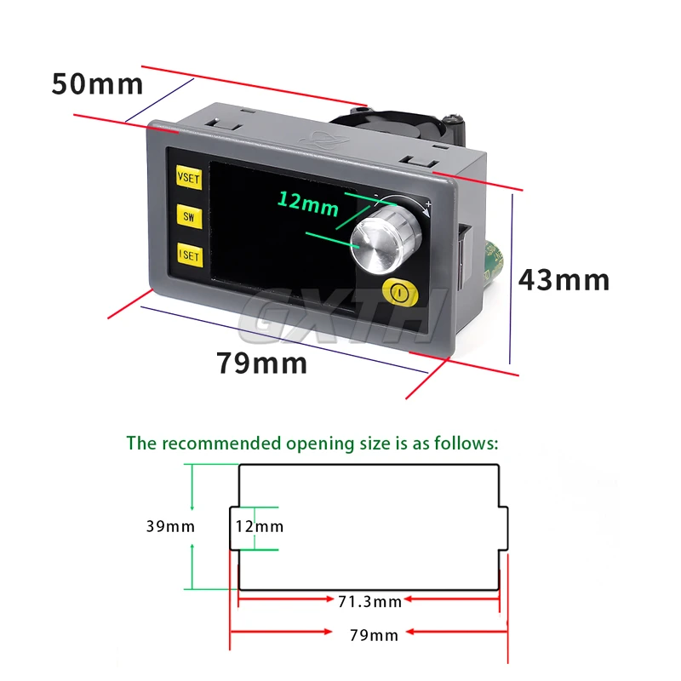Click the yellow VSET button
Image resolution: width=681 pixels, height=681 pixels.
tap(187, 178)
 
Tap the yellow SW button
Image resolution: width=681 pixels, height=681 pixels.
tap(187, 215)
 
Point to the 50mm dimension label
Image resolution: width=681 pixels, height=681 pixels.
tap(97, 84)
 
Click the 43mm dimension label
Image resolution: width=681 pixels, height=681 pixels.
tap(564, 279)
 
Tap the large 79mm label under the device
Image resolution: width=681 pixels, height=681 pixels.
tap(260, 363)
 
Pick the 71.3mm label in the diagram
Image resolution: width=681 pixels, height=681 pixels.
tap(369, 602)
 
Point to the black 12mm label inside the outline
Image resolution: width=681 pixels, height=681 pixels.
tap(260, 526)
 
